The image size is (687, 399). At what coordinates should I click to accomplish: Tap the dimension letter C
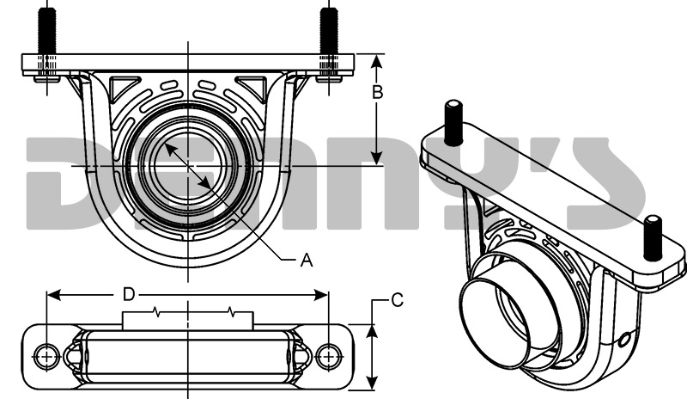pyautogui.click(x=397, y=300)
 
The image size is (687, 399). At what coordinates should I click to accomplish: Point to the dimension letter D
pyautogui.click(x=128, y=295)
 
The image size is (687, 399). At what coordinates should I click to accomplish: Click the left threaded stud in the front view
pyautogui.click(x=46, y=30)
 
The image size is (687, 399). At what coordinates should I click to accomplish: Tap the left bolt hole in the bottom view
pyautogui.click(x=46, y=355)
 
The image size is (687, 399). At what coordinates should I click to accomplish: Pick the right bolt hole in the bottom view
pyautogui.click(x=328, y=355)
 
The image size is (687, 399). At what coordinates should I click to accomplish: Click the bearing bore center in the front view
pyautogui.click(x=187, y=164)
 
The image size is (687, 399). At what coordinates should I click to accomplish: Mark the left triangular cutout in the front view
pyautogui.click(x=124, y=86)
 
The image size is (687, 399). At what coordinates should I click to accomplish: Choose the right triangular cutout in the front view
pyautogui.click(x=252, y=86)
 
